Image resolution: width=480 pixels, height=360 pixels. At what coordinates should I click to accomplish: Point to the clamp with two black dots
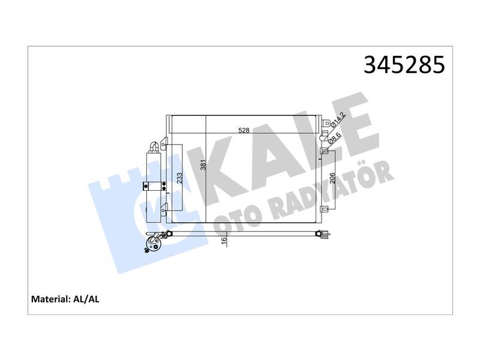[155, 187]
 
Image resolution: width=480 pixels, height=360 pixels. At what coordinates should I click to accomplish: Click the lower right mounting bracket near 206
[325, 209]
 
